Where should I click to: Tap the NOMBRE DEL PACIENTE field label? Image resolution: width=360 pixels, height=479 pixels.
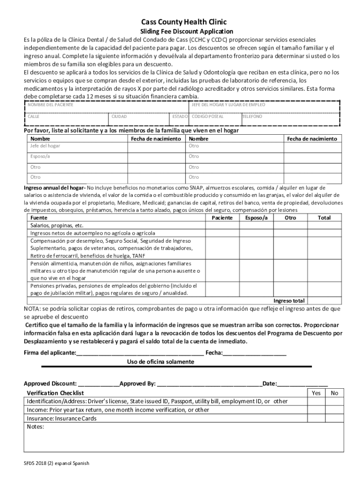pyautogui.click(x=50, y=105)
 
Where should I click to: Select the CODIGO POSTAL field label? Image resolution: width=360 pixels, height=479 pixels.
pyautogui.click(x=208, y=116)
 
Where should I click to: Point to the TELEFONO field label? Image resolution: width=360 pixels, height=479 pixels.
pyautogui.click(x=252, y=116)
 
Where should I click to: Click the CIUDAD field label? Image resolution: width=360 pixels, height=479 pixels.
pyautogui.click(x=119, y=116)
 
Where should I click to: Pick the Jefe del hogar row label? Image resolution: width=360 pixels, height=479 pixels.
pyautogui.click(x=45, y=146)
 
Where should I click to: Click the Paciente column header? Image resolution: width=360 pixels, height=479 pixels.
pyautogui.click(x=222, y=218)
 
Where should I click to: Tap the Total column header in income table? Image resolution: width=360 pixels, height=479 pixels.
pyautogui.click(x=324, y=218)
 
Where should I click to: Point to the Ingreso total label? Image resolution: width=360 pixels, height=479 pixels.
pyautogui.click(x=289, y=301)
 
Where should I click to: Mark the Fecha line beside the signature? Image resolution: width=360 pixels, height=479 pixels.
pyautogui.click(x=254, y=353)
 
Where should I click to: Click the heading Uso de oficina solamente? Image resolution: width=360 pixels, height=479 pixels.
pyautogui.click(x=160, y=362)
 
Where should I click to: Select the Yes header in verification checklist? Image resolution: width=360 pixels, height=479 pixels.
pyautogui.click(x=316, y=393)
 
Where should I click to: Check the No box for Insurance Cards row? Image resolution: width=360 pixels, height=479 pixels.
pyautogui.click(x=334, y=419)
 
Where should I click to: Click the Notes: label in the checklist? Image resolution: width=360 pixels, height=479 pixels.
pyautogui.click(x=36, y=427)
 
